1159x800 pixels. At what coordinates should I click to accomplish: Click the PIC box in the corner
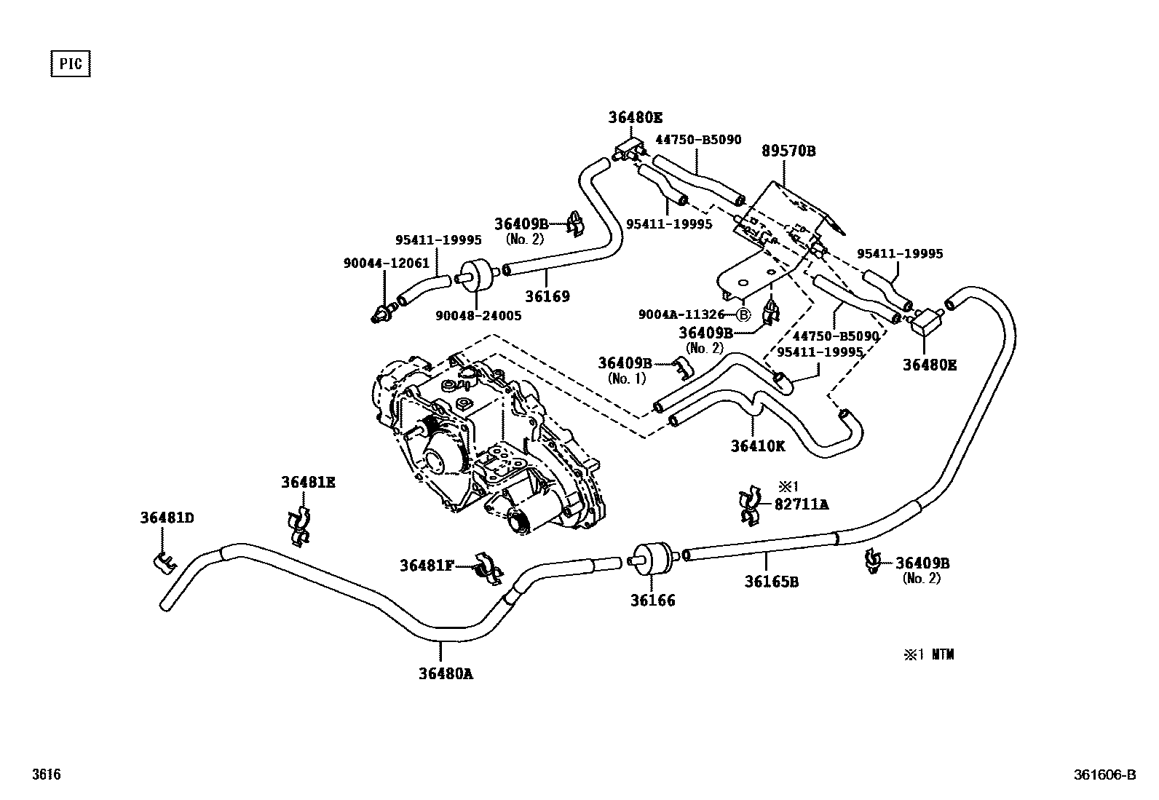(x=70, y=64)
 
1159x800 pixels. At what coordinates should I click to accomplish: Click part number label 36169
(x=547, y=296)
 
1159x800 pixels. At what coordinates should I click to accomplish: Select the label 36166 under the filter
(x=652, y=601)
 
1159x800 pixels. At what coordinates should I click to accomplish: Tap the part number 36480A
(x=446, y=673)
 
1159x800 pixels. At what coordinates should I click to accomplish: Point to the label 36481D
(x=167, y=518)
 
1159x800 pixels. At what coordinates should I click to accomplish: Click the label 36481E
(x=308, y=482)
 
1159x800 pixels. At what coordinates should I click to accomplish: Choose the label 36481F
(x=427, y=565)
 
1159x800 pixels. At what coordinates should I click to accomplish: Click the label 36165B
(x=771, y=582)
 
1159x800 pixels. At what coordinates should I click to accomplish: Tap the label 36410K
(x=758, y=446)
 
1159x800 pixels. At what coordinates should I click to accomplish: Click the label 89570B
(x=788, y=151)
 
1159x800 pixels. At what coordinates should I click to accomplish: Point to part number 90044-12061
(x=387, y=264)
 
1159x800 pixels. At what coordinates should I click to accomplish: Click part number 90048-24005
(x=478, y=316)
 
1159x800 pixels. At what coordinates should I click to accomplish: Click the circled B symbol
(x=743, y=315)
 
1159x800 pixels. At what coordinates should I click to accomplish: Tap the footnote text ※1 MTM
(x=929, y=654)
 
